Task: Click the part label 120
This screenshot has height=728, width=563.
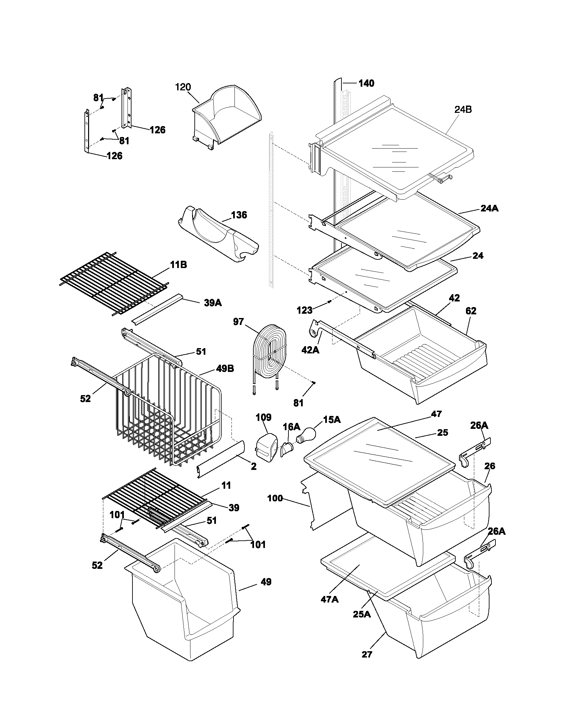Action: (x=183, y=87)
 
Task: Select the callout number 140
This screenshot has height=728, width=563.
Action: (x=366, y=83)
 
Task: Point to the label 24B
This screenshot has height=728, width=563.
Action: (x=463, y=110)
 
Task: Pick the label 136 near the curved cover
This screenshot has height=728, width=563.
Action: (x=239, y=215)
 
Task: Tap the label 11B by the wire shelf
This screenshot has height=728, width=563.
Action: (x=179, y=265)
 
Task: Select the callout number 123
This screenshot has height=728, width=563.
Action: (x=304, y=310)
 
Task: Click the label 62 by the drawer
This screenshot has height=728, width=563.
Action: (x=471, y=311)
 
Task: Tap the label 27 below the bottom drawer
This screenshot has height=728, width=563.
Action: (x=367, y=654)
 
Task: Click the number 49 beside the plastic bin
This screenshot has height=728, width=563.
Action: (x=266, y=582)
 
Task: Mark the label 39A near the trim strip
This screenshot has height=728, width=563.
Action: (x=213, y=303)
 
